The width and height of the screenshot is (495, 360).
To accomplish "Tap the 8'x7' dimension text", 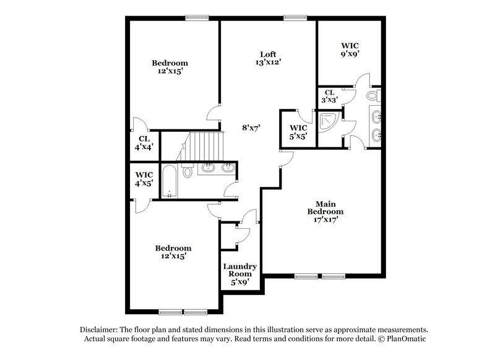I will coord(250,127).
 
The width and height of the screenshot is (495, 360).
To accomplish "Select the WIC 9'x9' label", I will coord(350,49).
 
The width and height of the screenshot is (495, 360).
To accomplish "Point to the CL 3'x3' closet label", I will coord(329,96).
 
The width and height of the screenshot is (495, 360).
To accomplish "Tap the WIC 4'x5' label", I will coord(144,178).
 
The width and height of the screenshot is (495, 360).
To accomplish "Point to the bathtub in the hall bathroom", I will coord(170,180).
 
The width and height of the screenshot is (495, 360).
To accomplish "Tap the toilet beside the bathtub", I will coord(188,171).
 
